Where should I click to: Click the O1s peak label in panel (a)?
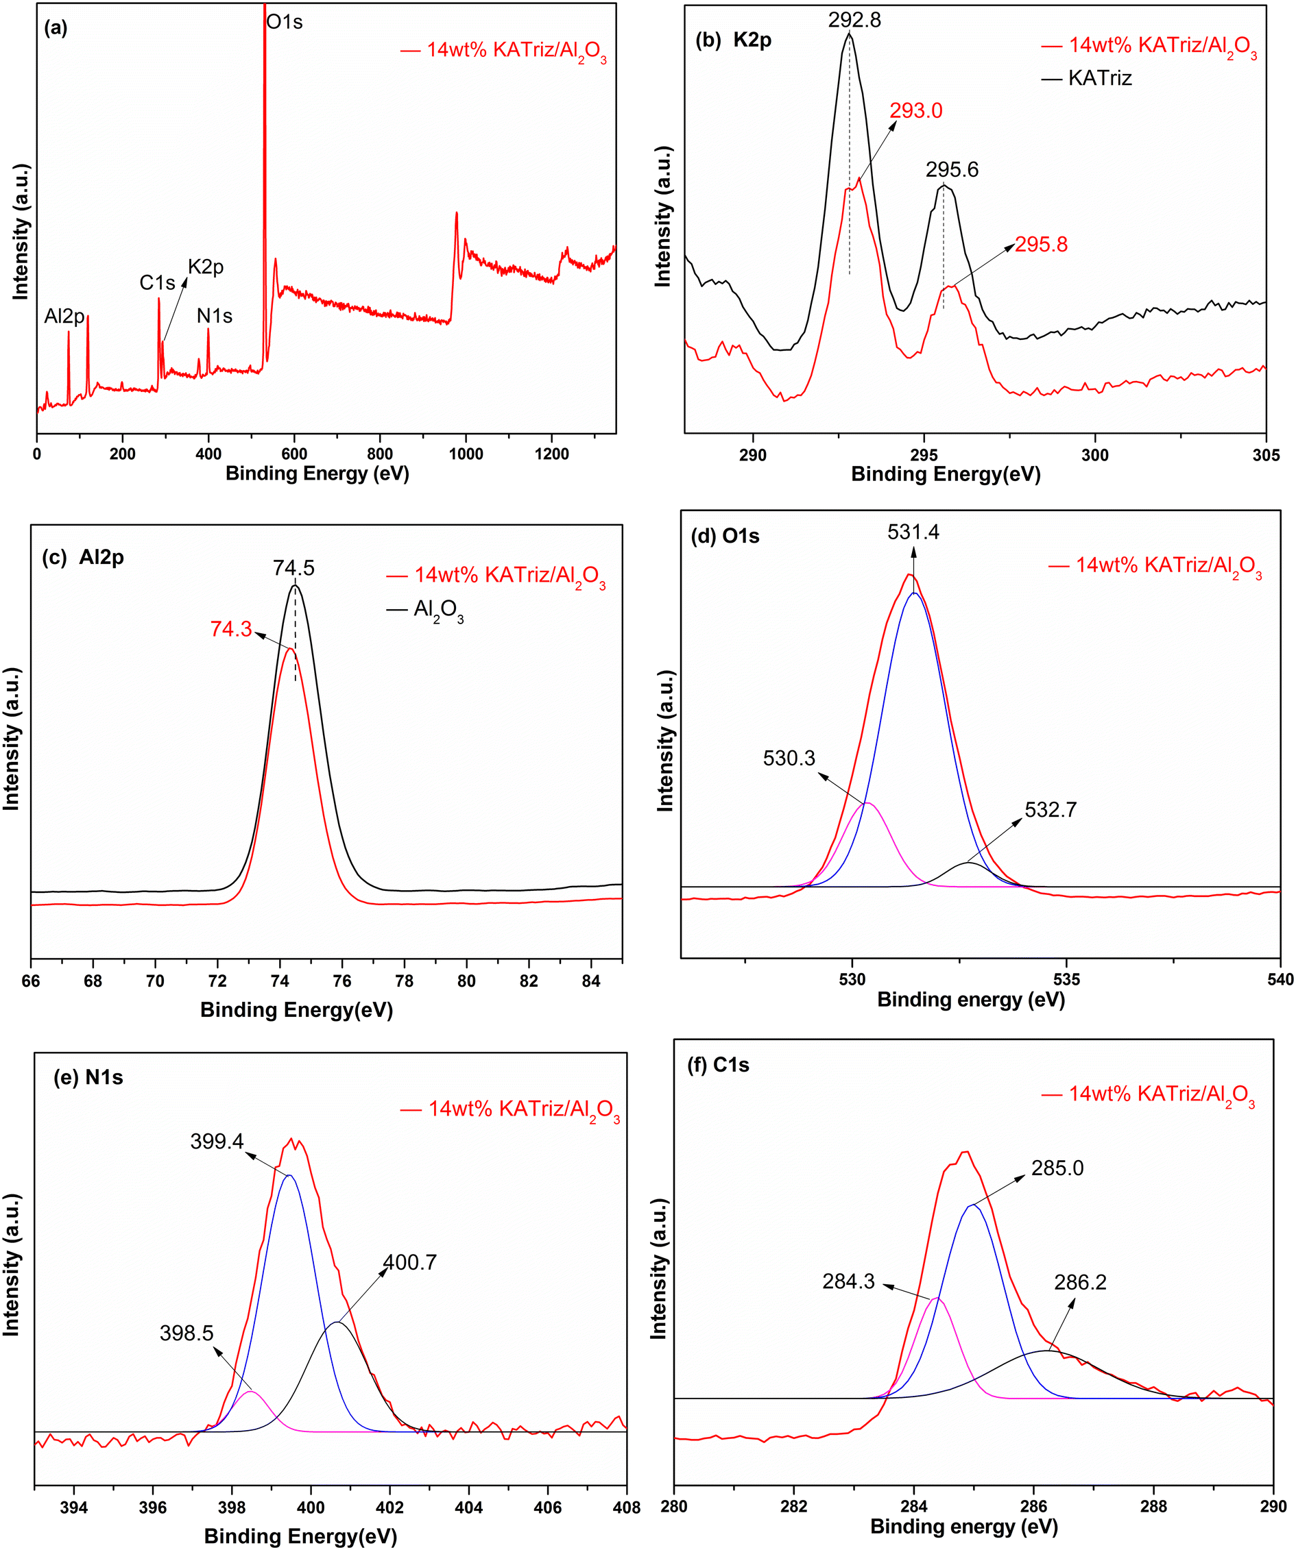(285, 22)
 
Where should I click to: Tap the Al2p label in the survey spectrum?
(64, 317)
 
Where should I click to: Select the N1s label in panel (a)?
(214, 317)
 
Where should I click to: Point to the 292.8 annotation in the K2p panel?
(854, 20)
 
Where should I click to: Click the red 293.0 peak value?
(915, 111)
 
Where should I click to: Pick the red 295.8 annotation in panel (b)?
(1040, 245)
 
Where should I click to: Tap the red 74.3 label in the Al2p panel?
(231, 629)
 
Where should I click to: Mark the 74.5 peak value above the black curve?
(293, 567)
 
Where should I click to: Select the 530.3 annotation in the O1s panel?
(789, 758)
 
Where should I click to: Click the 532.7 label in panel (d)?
(1050, 810)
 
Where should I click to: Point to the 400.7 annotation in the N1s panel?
(410, 1262)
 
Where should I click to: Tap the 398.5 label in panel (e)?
(186, 1333)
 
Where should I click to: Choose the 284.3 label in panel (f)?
(848, 1281)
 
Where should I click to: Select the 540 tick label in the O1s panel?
(1280, 979)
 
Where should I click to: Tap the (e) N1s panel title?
(88, 1078)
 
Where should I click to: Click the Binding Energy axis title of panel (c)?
(296, 1010)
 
